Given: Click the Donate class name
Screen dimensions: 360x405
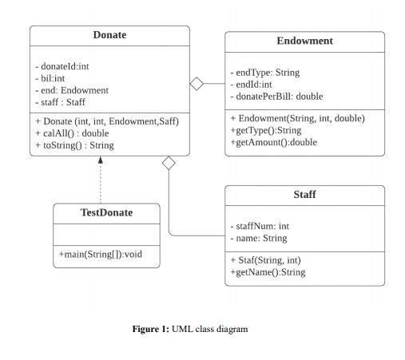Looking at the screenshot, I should pos(109,35).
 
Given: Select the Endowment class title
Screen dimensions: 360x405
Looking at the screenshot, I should pos(304,42).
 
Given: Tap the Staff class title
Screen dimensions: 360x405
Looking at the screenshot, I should pos(304,195).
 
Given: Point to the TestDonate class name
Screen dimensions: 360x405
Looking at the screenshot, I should pos(106,213).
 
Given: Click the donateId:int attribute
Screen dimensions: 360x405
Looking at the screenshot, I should pos(62,66).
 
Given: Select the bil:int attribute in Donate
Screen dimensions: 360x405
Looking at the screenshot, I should pos(50,78).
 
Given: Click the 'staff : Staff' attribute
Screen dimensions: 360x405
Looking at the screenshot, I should pos(60,102).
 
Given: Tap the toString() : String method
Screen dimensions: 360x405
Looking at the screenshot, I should pos(74,145).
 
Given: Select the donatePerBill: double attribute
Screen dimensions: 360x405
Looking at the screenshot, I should pos(276,96).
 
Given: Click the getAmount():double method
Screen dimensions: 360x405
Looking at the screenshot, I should pos(273,142).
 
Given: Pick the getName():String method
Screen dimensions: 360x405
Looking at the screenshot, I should pos(267,272).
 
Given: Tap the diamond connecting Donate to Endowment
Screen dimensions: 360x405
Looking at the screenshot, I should pos(197,84).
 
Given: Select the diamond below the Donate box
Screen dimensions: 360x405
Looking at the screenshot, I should pos(169,163).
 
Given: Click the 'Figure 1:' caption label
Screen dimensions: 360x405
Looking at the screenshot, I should pos(150,329).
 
